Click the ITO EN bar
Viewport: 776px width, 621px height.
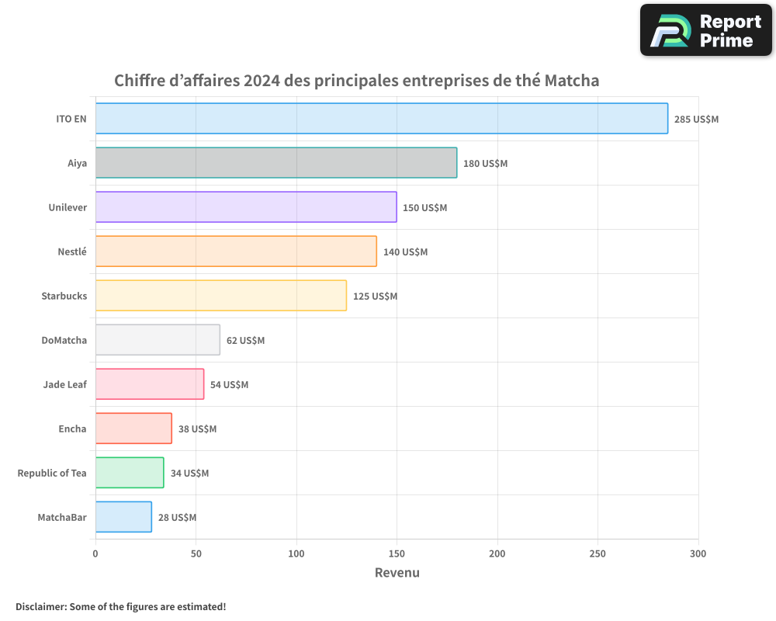click(x=381, y=119)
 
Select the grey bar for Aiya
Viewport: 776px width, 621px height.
click(x=275, y=163)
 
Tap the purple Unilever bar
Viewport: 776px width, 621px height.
click(x=246, y=207)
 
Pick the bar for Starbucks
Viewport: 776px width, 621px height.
click(x=220, y=296)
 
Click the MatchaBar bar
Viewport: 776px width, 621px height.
click(x=123, y=517)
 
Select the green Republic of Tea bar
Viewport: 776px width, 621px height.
click(x=130, y=473)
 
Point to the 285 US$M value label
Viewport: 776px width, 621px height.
click(x=696, y=120)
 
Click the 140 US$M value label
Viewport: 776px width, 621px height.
click(x=405, y=252)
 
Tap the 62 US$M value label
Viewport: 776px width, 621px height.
click(x=245, y=341)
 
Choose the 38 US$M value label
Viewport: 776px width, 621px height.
click(x=197, y=429)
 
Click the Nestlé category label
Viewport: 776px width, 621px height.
click(x=72, y=252)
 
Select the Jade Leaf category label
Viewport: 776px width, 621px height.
click(x=65, y=385)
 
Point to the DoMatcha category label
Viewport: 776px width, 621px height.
click(x=64, y=341)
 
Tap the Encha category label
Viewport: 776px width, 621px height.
click(x=73, y=429)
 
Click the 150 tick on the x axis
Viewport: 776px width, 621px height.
click(x=397, y=553)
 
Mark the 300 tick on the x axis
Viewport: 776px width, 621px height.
click(x=698, y=553)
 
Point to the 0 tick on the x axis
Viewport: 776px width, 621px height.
click(x=95, y=553)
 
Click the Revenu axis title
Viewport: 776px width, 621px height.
click(x=397, y=573)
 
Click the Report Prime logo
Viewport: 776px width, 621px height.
click(x=706, y=30)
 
